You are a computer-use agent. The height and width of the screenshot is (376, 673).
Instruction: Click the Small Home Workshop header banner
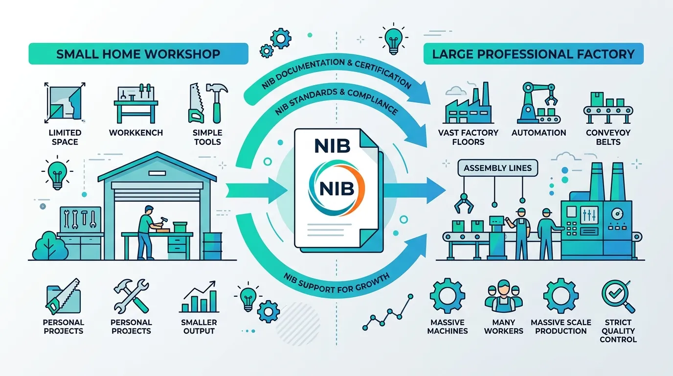tap(138, 54)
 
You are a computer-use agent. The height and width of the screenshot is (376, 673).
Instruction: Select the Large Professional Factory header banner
tap(533, 54)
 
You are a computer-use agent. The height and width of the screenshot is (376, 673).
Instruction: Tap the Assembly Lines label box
tap(497, 168)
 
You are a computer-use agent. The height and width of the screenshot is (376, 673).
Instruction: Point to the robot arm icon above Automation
tap(538, 103)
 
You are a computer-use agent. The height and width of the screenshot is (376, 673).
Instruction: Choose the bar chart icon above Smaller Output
tap(199, 297)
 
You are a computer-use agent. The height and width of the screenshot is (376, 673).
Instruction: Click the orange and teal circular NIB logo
tap(336, 188)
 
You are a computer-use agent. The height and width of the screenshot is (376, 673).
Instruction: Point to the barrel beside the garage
tap(213, 246)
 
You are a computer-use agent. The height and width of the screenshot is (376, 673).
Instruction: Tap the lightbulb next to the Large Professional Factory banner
tap(394, 39)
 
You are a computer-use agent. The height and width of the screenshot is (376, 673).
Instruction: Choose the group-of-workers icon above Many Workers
tap(504, 297)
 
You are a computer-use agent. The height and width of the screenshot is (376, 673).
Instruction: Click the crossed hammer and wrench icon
tap(131, 296)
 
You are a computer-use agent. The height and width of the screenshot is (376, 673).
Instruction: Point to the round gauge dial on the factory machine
tap(617, 214)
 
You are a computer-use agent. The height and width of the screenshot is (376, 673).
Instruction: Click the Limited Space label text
tap(65, 137)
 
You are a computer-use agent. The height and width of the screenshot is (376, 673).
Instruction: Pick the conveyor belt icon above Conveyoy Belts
tap(608, 108)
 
